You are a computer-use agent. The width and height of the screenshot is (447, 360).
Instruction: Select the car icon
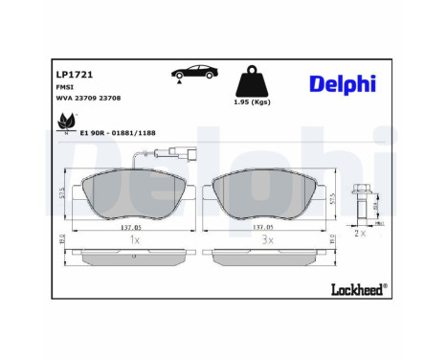(x=190, y=75)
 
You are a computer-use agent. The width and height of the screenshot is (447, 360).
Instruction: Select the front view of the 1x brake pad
(x=133, y=193)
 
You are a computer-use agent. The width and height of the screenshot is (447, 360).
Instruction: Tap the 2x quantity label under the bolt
(x=360, y=233)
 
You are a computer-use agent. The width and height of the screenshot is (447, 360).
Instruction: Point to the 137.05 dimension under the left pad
(x=131, y=228)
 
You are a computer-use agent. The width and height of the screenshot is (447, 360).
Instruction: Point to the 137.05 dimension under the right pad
(x=264, y=228)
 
